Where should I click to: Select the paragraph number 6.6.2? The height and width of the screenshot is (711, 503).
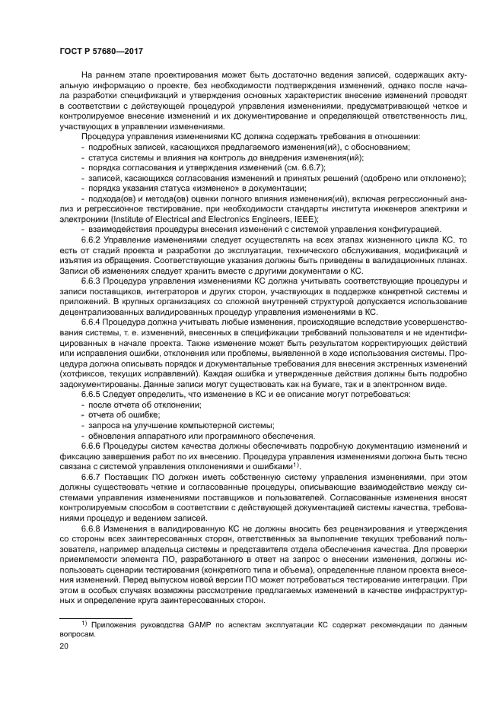point(92,239)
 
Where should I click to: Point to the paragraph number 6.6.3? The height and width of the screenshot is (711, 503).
point(92,280)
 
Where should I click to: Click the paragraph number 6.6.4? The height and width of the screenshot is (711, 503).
point(92,321)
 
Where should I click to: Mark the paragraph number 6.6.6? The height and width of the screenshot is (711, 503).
point(92,445)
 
